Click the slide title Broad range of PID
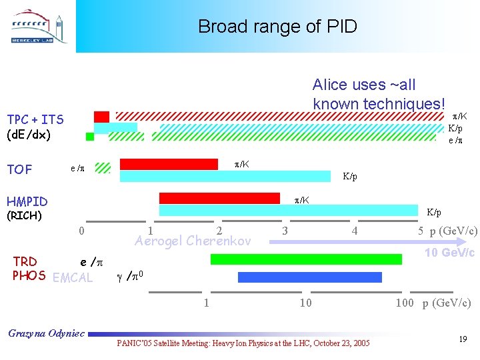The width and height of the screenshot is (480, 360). pos(277,27)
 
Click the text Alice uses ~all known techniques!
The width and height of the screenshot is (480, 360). pos(378,94)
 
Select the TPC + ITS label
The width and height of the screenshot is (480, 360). pos(35,120)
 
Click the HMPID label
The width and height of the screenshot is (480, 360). pos(27,201)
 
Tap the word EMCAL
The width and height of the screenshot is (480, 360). pos(73,277)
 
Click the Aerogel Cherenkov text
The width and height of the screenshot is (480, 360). pos(193,241)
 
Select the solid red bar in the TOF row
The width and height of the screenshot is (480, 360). pos(169,164)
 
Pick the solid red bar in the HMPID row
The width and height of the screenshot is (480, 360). pos(219,198)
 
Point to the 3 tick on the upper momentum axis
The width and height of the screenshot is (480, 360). pos(285,231)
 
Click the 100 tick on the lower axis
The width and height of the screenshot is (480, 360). pos(404,303)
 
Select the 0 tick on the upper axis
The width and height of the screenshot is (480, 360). pos(81,231)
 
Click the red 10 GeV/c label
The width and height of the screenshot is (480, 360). pos(450,252)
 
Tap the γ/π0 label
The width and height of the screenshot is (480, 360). pos(131,275)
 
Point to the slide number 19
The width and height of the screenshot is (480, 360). pos(463,340)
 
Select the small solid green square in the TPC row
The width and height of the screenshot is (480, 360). pos(90,137)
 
